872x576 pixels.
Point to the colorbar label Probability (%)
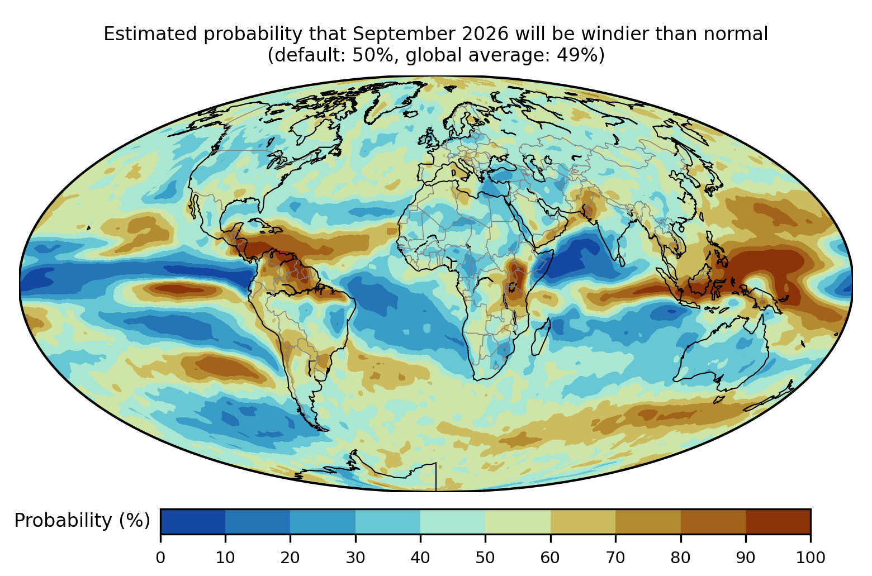point(82,520)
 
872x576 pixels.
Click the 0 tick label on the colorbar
point(160,558)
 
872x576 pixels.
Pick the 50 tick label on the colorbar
point(485,558)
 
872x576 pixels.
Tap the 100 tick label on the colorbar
point(811,558)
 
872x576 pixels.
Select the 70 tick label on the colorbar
point(615,558)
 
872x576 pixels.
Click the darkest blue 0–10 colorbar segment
point(193,521)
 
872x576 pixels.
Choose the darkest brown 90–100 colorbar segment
point(778,521)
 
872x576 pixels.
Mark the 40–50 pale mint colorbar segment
point(453,521)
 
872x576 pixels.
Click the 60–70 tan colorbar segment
point(583,521)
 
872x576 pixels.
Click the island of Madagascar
point(541,338)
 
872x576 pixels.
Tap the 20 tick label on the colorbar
point(290,558)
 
